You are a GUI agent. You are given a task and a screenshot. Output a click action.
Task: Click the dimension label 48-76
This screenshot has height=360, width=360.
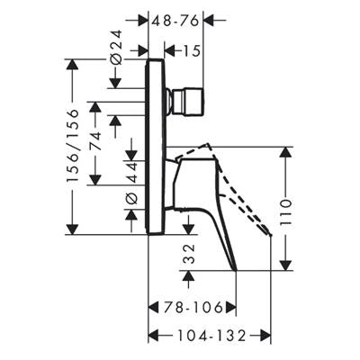tap(175, 21)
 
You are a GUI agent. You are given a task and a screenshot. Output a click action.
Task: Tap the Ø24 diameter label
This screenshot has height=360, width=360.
tap(116, 47)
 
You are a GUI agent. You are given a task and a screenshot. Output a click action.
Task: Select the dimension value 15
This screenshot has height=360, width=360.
tap(191, 51)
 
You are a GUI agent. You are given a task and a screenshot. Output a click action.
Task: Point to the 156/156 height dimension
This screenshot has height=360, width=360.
tap(73, 146)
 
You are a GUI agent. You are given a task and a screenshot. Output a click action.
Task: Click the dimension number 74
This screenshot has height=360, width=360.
tap(95, 141)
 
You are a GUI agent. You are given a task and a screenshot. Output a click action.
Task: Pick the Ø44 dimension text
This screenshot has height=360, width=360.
tap(131, 183)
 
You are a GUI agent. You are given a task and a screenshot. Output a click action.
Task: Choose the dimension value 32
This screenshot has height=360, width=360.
tap(189, 254)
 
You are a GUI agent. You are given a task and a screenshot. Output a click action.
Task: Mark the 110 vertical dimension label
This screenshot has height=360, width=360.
tap(285, 212)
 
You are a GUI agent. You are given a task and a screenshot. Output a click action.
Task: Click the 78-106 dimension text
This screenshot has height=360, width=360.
tap(193, 308)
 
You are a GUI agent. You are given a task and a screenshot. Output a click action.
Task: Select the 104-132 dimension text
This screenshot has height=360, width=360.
tap(211, 336)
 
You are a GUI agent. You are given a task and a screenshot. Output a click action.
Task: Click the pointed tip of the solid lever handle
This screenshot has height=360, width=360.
tap(236, 270)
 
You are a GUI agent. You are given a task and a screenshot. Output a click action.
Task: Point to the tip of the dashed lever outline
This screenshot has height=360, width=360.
tap(271, 235)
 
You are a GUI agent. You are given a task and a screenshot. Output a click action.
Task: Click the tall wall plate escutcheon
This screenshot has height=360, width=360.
tap(156, 147)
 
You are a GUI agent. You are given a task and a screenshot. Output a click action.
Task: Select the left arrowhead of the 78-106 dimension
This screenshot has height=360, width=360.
tap(154, 308)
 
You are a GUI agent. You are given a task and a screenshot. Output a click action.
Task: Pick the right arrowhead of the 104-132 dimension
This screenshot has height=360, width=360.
tap(265, 336)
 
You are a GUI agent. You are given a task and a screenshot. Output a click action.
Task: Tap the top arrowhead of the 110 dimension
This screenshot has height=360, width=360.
tap(285, 152)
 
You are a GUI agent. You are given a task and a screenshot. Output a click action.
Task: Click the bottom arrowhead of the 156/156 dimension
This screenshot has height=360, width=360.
tap(72, 229)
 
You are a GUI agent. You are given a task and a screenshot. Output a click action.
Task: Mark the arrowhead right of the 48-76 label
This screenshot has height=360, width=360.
tap(209, 21)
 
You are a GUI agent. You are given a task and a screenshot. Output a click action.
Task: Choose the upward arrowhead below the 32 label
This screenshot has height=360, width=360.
tap(189, 275)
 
